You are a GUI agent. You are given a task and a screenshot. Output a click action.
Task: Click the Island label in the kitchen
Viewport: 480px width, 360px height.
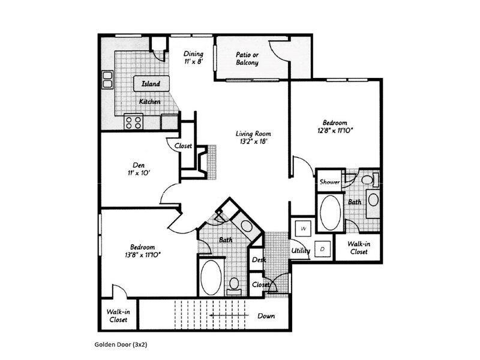pos(151,84)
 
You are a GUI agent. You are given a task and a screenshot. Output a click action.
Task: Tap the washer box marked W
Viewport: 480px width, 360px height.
pos(304,229)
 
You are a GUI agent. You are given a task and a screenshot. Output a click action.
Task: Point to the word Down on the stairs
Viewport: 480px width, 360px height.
pos(266,316)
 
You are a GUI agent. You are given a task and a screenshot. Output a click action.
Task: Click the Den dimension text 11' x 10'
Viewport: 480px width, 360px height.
pos(139,173)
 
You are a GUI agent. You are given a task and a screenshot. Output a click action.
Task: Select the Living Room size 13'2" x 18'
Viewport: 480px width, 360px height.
pos(253,142)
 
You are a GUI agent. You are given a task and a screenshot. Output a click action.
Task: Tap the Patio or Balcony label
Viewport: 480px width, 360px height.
pos(247,58)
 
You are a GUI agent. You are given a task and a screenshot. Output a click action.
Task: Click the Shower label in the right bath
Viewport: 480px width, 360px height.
pos(329,182)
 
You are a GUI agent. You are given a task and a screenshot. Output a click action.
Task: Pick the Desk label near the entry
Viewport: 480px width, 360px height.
pos(259,260)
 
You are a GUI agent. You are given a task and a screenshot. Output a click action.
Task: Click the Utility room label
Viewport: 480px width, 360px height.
pos(301,250)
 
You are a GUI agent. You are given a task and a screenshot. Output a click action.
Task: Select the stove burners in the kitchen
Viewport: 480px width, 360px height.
pos(134,122)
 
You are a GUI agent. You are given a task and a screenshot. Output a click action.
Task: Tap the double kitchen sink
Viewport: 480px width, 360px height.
pos(108,79)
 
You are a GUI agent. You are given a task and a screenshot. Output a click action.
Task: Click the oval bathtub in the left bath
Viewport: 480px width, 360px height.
pos(211,277)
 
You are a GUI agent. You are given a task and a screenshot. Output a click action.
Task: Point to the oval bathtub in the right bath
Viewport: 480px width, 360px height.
pos(329,212)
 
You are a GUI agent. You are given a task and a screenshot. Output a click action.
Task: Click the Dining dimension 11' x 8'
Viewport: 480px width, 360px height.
pos(193,61)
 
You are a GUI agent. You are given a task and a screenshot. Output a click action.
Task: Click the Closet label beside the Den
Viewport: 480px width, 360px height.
pos(183,146)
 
